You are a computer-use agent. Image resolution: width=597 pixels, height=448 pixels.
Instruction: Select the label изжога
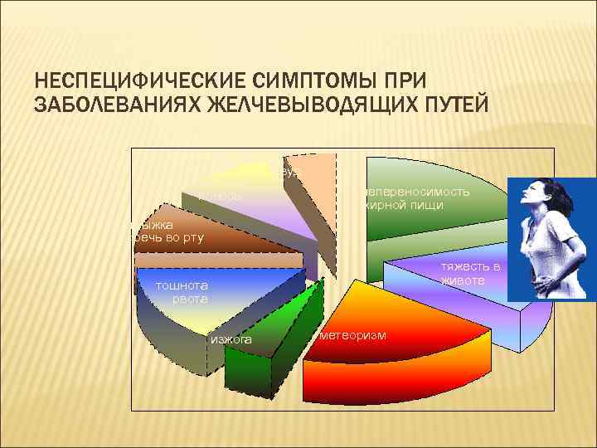click(231, 339)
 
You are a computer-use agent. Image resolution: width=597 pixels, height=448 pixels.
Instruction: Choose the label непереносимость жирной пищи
click(415, 197)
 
